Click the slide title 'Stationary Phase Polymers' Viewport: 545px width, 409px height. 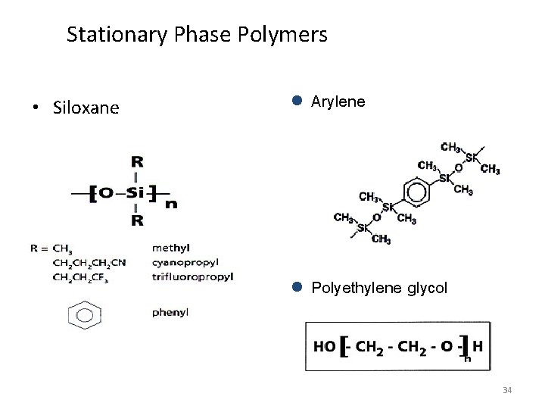[197, 35]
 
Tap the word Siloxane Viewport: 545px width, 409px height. [86, 108]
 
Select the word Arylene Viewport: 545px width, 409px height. [338, 101]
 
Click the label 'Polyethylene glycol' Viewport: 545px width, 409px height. [379, 289]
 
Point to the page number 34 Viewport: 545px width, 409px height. [508, 390]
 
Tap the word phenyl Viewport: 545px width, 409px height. [170, 311]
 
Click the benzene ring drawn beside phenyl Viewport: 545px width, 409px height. [86, 314]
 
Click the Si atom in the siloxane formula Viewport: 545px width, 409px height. [136, 193]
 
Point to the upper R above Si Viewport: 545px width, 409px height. [137, 162]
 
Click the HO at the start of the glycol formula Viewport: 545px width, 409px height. [324, 346]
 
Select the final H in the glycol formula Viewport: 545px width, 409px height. [478, 345]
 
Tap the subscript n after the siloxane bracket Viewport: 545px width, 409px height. [172, 203]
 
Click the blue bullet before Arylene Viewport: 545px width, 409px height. [297, 100]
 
